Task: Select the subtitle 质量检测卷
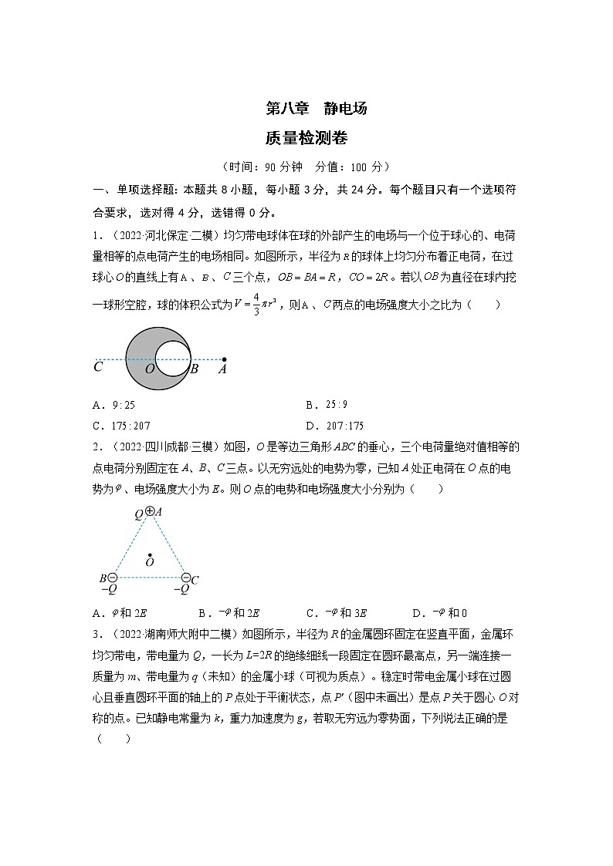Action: tap(306, 139)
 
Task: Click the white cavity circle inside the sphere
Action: tap(173, 359)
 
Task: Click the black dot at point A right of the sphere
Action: tap(224, 359)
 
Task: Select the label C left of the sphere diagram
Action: tap(98, 368)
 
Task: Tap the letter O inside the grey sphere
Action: tap(150, 369)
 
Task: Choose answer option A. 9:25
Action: tap(113, 405)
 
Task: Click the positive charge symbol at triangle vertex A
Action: tap(150, 511)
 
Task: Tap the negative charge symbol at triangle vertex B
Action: tap(113, 578)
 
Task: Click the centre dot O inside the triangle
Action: tap(149, 554)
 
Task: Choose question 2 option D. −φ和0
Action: tap(439, 613)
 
